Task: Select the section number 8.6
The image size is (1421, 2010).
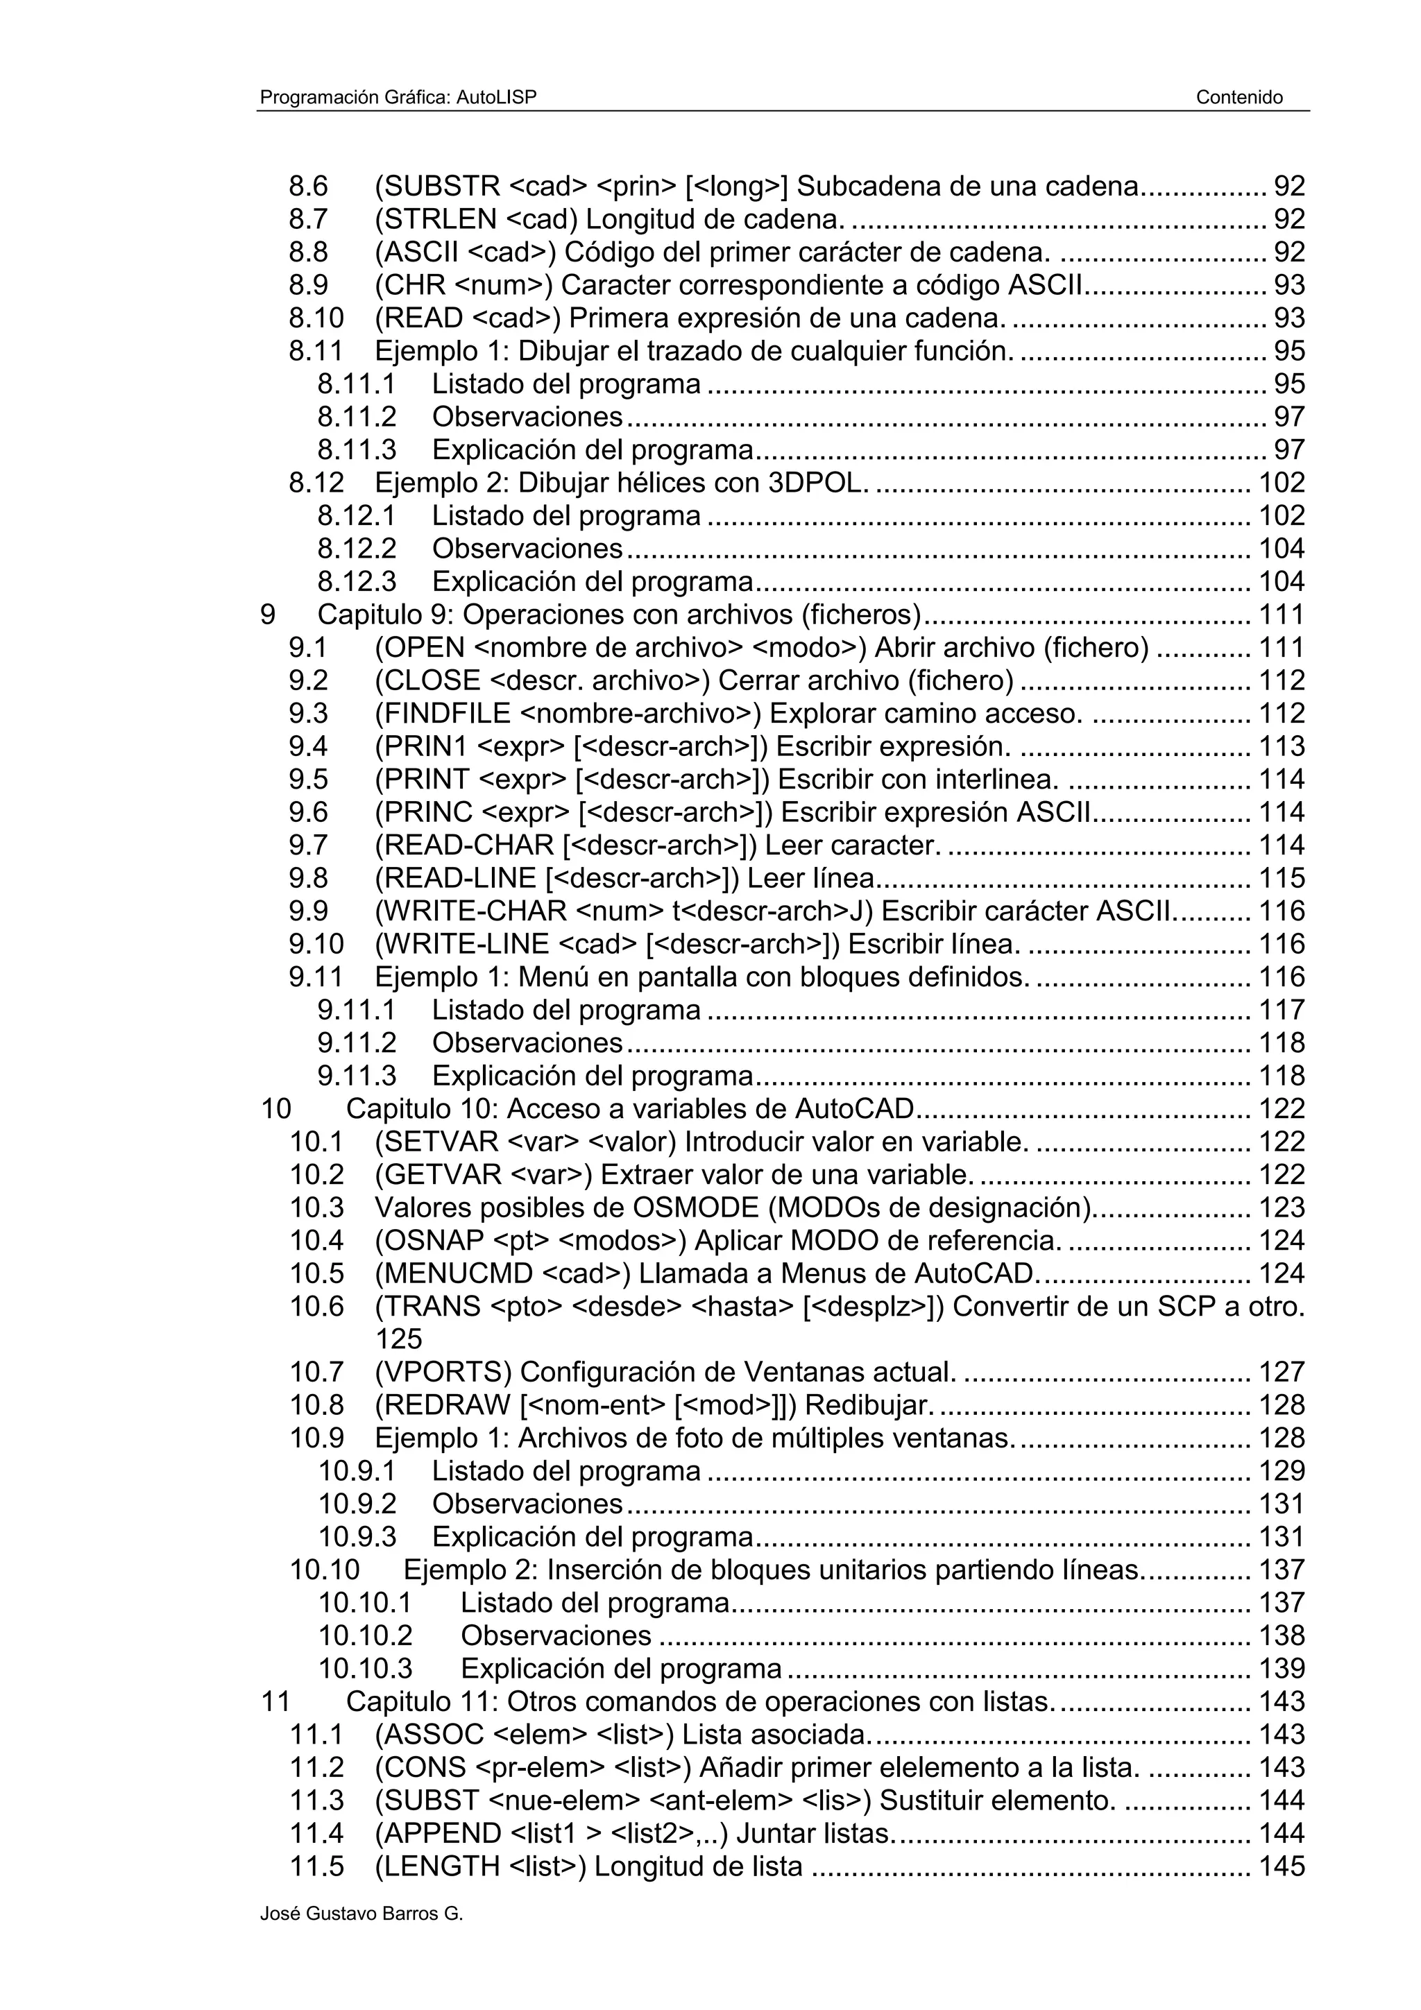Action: (308, 187)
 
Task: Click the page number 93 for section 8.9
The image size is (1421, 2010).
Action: (1288, 285)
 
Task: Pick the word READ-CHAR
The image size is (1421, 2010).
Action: (468, 845)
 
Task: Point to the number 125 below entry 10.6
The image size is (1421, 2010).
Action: (398, 1339)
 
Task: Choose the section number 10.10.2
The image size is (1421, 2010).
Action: (365, 1636)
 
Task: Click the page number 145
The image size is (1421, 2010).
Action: (1282, 1866)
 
